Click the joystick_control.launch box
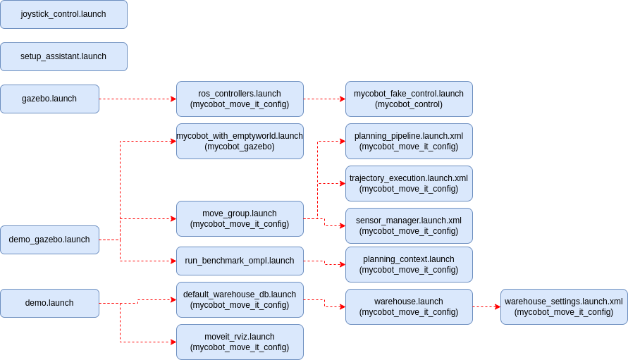tap(63, 14)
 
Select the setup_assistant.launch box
tap(63, 57)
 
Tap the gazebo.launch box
tap(49, 99)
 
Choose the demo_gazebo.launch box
tap(49, 240)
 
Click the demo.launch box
tap(49, 303)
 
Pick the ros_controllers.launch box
tap(240, 99)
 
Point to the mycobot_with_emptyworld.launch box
tap(240, 142)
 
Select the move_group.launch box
tap(240, 218)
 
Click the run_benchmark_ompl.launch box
tap(240, 261)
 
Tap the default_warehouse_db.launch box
tap(240, 300)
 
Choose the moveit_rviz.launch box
tap(240, 342)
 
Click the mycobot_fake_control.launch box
tap(409, 99)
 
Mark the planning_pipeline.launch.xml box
tap(409, 142)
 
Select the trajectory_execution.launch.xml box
tap(409, 183)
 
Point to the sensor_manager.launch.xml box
tap(409, 226)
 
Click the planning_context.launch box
tap(409, 265)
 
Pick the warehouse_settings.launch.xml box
tap(564, 306)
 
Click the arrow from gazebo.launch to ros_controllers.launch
tap(137, 99)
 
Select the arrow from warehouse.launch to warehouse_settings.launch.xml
tap(486, 306)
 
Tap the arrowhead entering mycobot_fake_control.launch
tap(343, 99)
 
